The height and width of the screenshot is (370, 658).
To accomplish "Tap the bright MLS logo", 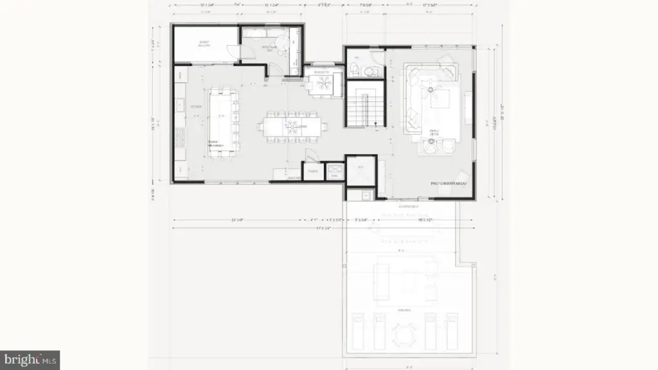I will [30, 359].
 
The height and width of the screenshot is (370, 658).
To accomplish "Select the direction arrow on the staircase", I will [375, 123].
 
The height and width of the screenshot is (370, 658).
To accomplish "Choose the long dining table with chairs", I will [292, 125].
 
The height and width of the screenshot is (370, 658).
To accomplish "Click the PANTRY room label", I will [313, 171].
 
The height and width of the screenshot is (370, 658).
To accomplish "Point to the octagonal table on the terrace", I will [403, 334].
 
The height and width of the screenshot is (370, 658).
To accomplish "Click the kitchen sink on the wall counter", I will [181, 105].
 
